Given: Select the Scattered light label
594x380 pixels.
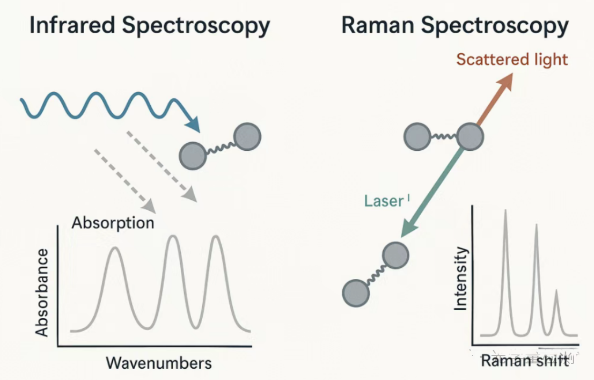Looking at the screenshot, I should click(x=511, y=59).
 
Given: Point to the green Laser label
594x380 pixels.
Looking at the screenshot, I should click(x=384, y=201).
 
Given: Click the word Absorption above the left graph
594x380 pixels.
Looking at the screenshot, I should click(x=113, y=222).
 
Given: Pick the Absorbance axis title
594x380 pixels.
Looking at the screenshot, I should click(x=42, y=292).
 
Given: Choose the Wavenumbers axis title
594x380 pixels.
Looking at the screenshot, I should click(x=159, y=363).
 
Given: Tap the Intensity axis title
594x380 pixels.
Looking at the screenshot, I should click(x=461, y=279).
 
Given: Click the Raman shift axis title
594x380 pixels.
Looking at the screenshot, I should click(x=524, y=361).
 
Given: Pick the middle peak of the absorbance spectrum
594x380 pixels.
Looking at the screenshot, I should click(x=172, y=237).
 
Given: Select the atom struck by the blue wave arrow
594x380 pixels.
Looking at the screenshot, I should click(x=193, y=156).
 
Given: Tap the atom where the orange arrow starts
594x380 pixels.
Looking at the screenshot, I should click(x=470, y=136).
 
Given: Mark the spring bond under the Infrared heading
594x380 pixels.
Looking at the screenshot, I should click(x=220, y=146).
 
